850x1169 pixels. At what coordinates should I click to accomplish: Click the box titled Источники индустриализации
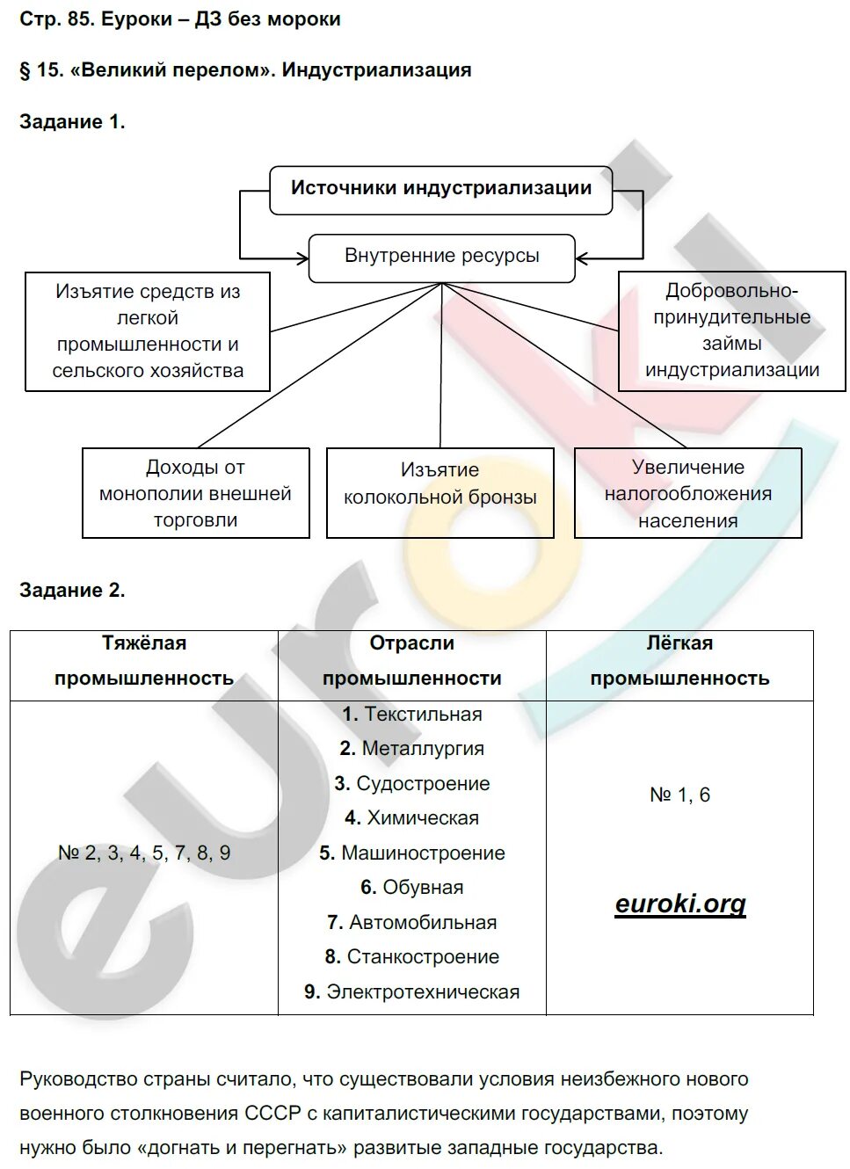[x=440, y=189]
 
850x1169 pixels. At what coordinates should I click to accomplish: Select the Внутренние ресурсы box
[x=441, y=257]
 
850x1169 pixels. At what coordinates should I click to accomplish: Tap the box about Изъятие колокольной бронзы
[x=440, y=492]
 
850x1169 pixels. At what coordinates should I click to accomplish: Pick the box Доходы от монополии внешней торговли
[x=195, y=493]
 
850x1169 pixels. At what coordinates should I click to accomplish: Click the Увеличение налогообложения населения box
[x=687, y=493]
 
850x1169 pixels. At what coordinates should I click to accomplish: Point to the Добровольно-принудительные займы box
[x=731, y=330]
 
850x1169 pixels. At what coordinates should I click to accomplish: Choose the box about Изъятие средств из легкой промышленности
[x=148, y=331]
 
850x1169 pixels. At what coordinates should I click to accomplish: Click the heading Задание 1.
[x=72, y=122]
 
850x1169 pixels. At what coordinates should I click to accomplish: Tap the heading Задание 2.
[x=72, y=591]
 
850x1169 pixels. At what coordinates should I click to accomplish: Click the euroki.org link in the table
[x=680, y=904]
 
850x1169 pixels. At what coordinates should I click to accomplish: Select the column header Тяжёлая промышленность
[x=144, y=661]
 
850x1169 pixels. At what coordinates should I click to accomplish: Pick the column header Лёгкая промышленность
[x=679, y=661]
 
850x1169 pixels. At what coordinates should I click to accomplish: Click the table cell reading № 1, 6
[x=679, y=795]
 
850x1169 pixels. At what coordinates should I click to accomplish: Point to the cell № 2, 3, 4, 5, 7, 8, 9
[x=144, y=853]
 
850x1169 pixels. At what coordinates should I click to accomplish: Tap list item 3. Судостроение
[x=412, y=783]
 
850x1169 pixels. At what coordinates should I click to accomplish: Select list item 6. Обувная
[x=412, y=888]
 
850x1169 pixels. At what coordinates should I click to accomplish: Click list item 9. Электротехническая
[x=412, y=991]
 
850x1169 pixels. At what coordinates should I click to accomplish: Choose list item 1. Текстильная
[x=412, y=714]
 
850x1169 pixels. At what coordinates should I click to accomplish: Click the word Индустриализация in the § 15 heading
[x=376, y=70]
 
